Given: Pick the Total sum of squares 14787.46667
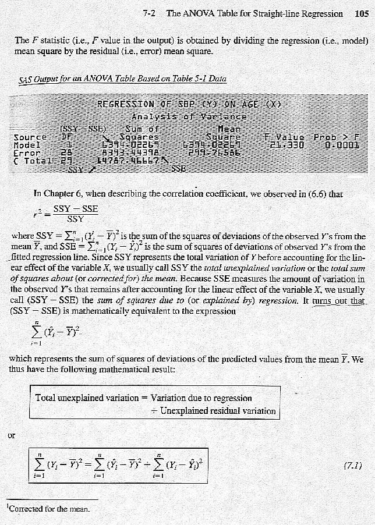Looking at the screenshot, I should tap(124, 159).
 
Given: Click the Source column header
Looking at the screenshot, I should tap(30, 137).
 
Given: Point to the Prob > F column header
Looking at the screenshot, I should tap(337, 137).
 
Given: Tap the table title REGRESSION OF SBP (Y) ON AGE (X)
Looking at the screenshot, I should tap(190, 105).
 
